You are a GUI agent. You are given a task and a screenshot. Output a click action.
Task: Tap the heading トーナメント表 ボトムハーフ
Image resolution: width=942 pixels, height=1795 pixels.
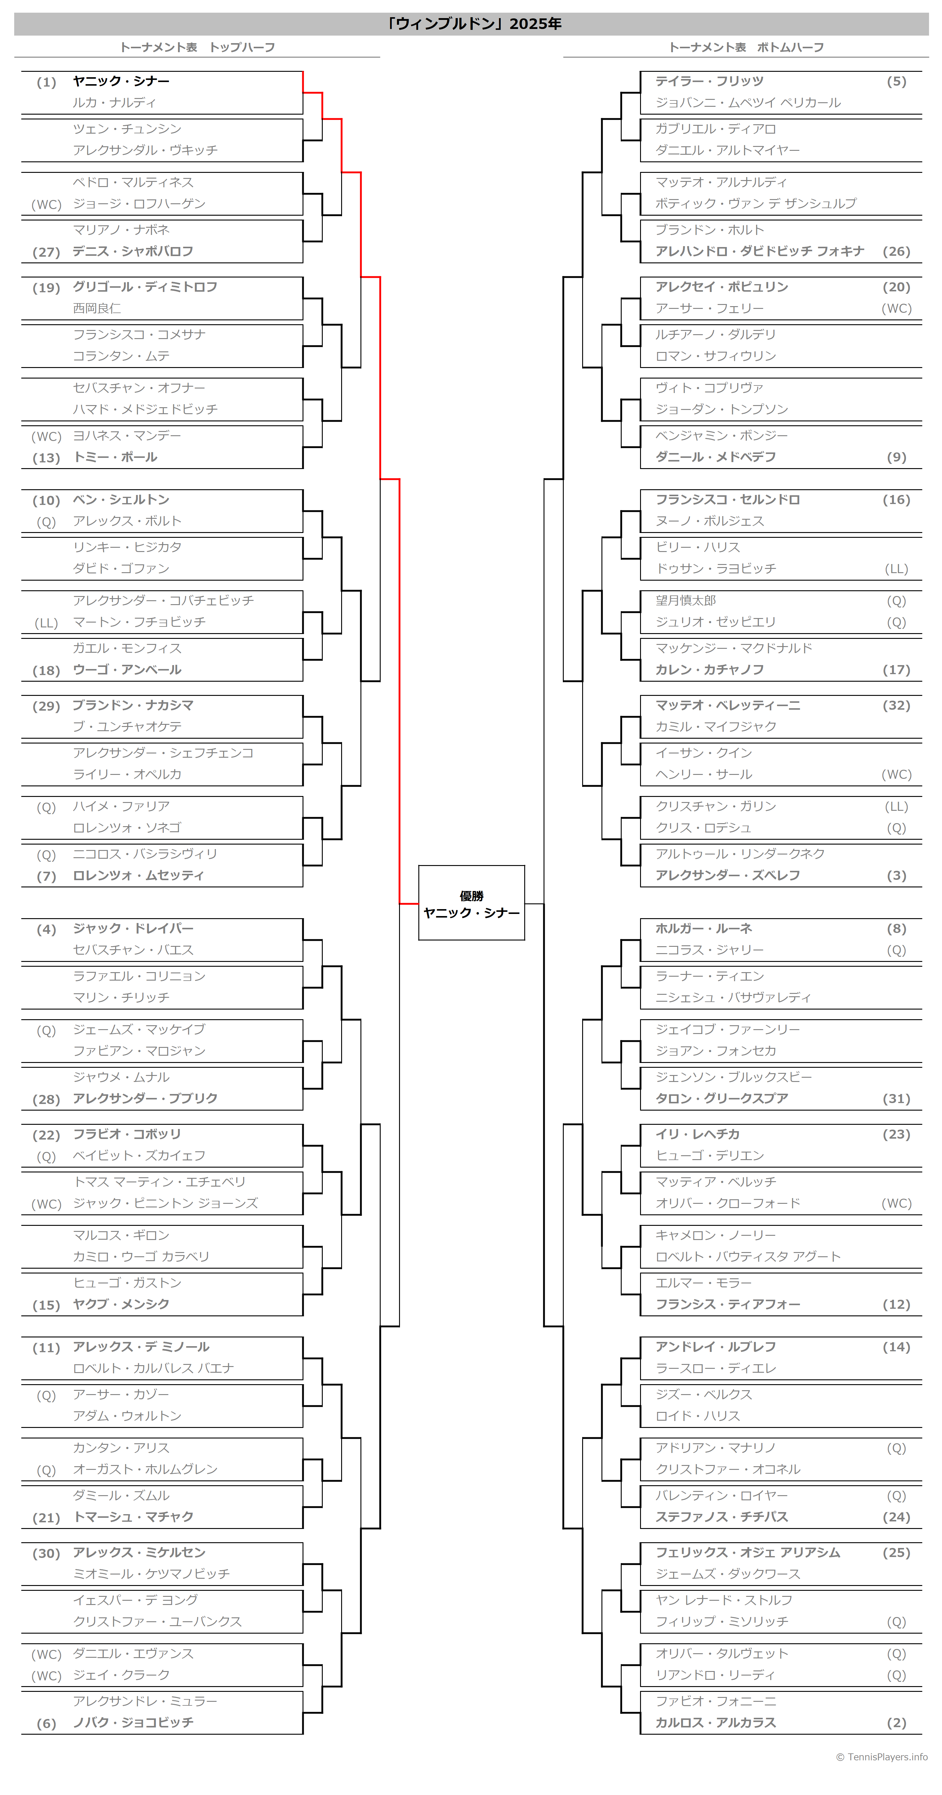[x=746, y=47]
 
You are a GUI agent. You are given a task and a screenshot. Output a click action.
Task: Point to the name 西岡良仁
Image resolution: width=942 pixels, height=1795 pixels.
[x=97, y=308]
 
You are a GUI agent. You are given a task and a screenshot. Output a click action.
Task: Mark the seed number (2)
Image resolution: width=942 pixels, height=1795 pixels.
[x=897, y=1723]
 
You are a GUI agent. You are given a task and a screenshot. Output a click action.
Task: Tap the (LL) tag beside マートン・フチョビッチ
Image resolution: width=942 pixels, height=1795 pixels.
[x=47, y=623]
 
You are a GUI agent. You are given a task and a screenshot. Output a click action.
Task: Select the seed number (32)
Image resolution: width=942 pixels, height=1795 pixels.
[x=897, y=705]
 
